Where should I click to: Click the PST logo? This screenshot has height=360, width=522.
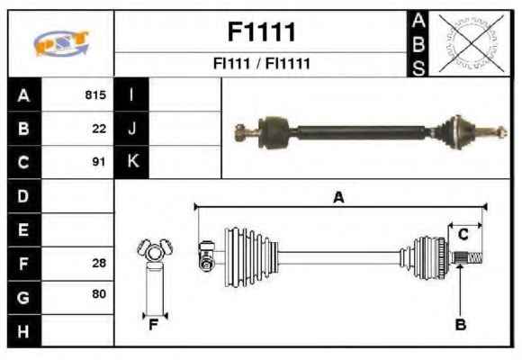(x=61, y=43)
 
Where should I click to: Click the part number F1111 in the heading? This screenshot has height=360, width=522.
(x=262, y=32)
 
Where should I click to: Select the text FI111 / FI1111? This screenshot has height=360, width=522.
(x=261, y=63)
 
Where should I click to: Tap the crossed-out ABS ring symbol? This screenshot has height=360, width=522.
(x=471, y=42)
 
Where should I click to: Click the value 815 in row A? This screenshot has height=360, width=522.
(x=95, y=94)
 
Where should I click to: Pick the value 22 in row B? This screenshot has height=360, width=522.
(x=99, y=129)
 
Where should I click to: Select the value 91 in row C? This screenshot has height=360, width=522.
(x=99, y=162)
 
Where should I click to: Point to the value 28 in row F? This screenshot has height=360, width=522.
(x=99, y=263)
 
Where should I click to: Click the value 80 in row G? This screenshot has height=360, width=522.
(x=99, y=293)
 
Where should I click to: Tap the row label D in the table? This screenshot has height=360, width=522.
(x=23, y=196)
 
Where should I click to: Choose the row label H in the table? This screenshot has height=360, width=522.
(x=23, y=332)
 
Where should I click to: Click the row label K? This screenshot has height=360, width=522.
(x=133, y=161)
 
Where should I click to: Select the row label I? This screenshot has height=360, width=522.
(x=131, y=94)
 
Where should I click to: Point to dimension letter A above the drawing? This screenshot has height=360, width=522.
(x=338, y=197)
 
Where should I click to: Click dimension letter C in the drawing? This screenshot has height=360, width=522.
(x=463, y=235)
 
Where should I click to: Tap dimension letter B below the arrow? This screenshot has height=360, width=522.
(x=461, y=325)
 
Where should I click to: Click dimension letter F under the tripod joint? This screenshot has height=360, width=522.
(x=153, y=326)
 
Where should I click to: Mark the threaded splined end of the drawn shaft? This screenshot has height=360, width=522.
(x=467, y=257)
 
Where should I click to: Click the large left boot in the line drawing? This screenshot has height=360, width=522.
(x=251, y=257)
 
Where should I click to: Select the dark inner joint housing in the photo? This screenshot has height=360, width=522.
(x=274, y=132)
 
